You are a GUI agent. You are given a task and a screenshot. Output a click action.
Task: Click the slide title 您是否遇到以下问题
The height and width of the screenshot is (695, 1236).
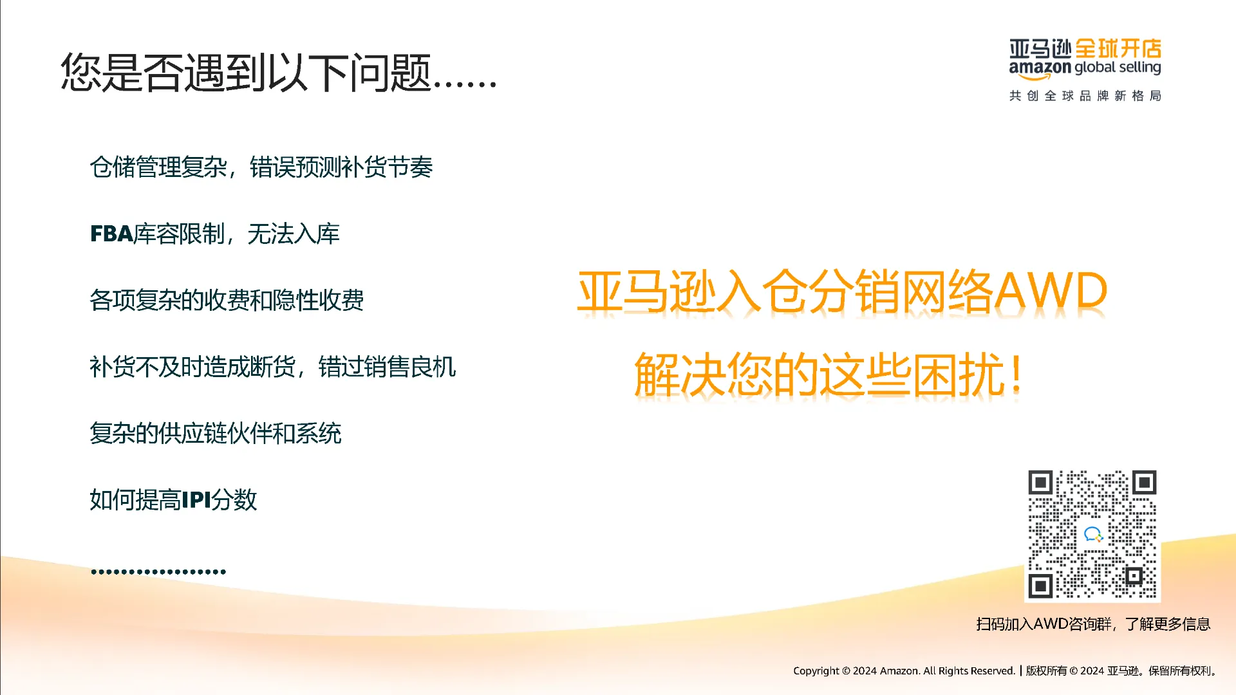[245, 71]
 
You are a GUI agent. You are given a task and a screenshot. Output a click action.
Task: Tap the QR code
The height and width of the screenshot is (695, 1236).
[1092, 535]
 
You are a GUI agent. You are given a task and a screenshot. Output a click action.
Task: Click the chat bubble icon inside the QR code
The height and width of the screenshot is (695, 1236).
[1093, 534]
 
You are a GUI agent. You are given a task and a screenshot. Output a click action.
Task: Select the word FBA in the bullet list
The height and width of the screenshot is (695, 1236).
[111, 234]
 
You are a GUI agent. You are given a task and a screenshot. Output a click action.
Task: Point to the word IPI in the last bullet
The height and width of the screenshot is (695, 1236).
[196, 500]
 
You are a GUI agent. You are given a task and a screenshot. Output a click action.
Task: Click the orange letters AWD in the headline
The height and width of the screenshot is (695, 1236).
[1051, 292]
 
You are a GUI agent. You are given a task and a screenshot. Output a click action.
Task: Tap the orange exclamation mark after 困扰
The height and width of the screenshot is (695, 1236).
[1016, 374]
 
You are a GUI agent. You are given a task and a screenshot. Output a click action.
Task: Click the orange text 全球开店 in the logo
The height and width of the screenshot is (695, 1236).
[1118, 48]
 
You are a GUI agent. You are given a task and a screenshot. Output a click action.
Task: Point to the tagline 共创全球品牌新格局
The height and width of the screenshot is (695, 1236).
[1085, 96]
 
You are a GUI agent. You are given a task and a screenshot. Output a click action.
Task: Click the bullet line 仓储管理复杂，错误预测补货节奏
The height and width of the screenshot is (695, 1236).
[261, 167]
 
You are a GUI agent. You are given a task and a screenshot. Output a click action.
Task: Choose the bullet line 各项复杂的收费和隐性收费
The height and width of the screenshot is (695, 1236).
[227, 300]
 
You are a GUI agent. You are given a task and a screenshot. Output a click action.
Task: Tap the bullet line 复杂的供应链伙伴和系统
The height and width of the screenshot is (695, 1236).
[216, 433]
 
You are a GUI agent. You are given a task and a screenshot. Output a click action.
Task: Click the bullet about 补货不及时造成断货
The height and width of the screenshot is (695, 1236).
[273, 367]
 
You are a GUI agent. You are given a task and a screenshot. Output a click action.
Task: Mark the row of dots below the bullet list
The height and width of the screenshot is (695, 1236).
[158, 571]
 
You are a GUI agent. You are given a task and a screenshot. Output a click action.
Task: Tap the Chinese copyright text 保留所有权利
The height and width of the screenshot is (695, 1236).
[1181, 671]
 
